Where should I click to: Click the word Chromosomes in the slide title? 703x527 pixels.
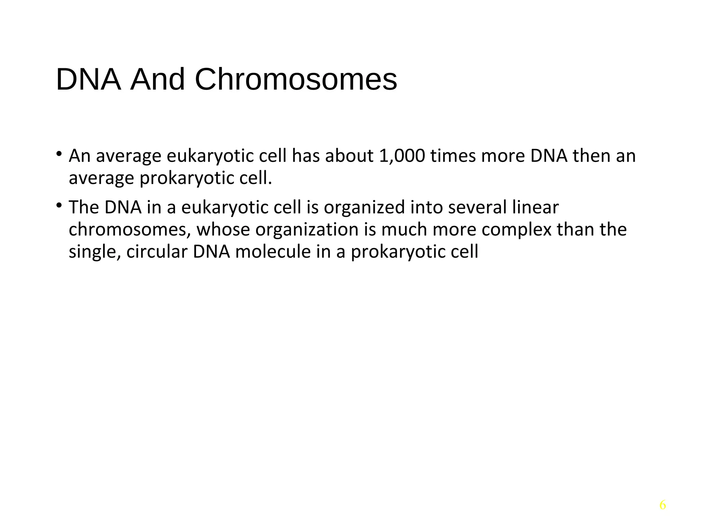coord(296,80)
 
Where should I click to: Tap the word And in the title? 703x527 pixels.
coord(158,80)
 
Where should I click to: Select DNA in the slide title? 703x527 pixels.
coord(89,80)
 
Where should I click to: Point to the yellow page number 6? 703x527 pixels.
coord(662,505)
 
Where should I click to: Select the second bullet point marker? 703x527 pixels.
coord(59,205)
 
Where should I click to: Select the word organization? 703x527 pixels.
coord(307,230)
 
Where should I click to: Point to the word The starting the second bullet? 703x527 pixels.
coord(84,207)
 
